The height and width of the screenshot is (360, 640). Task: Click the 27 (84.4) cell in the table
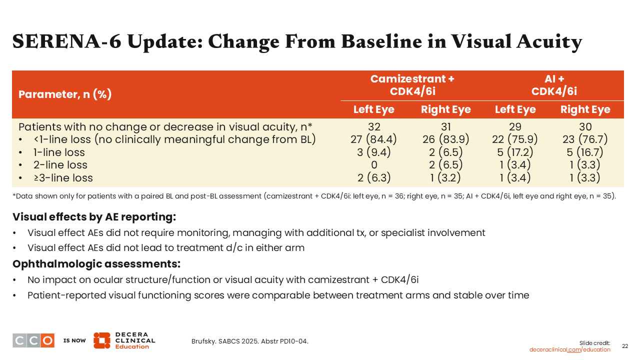pyautogui.click(x=373, y=139)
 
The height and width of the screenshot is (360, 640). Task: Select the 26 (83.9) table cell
pyautogui.click(x=445, y=139)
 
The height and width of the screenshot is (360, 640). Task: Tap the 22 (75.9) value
pyautogui.click(x=515, y=139)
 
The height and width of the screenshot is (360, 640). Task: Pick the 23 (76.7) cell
pyautogui.click(x=585, y=139)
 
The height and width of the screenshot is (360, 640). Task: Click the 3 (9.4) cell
pyautogui.click(x=373, y=152)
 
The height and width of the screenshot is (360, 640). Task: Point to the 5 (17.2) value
pyautogui.click(x=515, y=152)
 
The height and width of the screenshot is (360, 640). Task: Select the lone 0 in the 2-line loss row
pyautogui.click(x=374, y=165)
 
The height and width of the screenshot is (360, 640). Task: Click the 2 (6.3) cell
pyautogui.click(x=373, y=177)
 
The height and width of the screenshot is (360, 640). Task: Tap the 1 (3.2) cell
pyautogui.click(x=445, y=177)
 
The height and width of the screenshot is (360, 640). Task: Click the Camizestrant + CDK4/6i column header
pyautogui.click(x=412, y=85)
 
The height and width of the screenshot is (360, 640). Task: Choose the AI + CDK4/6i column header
pyautogui.click(x=554, y=85)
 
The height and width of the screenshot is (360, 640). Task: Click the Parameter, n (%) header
pyautogui.click(x=65, y=94)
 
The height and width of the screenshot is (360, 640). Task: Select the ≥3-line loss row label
pyautogui.click(x=63, y=177)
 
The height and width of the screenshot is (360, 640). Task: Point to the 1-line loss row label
pyautogui.click(x=59, y=152)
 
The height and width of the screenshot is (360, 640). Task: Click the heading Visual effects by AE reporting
pyautogui.click(x=94, y=217)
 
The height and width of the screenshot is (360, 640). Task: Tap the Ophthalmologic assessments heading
pyautogui.click(x=96, y=263)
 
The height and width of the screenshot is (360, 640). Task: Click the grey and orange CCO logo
pyautogui.click(x=33, y=340)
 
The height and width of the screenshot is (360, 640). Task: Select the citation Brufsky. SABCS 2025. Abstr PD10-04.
pyautogui.click(x=249, y=341)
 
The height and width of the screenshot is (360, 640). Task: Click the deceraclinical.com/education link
pyautogui.click(x=569, y=349)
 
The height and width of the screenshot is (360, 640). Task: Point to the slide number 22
pyautogui.click(x=625, y=346)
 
